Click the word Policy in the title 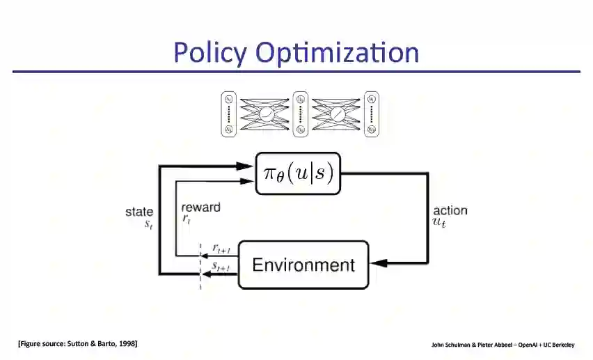tap(210, 52)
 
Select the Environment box tap(303, 265)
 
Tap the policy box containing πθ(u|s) tap(297, 173)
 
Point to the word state tap(139, 212)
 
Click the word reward tap(200, 207)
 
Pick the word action tap(450, 210)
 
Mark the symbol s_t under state tap(148, 224)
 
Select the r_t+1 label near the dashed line tap(222, 248)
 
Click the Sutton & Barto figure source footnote tap(77, 343)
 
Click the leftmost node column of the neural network tap(229, 114)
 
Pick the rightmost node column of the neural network tap(372, 114)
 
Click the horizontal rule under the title tap(296, 71)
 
